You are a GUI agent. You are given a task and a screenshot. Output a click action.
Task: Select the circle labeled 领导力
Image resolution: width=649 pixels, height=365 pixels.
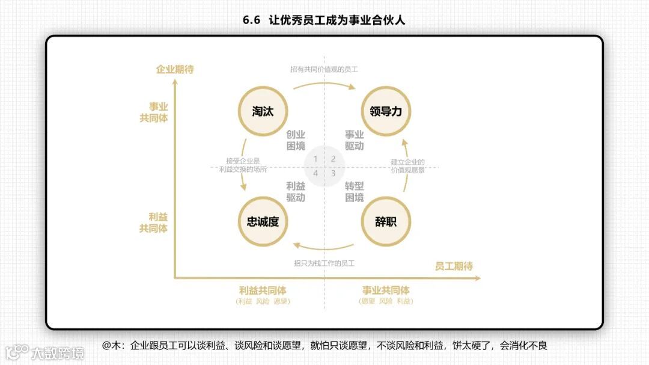point(385,111)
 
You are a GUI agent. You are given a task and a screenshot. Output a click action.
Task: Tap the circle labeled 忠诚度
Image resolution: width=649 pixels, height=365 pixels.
point(263,221)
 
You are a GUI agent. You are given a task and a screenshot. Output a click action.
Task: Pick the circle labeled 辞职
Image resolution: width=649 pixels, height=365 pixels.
point(385,221)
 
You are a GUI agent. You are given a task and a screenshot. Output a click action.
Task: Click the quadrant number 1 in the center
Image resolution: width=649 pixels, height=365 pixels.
point(315,159)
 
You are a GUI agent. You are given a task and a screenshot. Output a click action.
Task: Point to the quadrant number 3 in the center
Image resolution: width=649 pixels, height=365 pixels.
point(333,173)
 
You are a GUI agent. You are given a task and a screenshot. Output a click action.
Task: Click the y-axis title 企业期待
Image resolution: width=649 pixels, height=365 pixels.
point(175,70)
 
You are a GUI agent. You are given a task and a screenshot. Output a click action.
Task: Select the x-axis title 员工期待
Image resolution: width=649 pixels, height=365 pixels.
point(454,266)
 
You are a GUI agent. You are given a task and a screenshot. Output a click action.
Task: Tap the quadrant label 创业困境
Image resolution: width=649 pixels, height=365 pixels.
point(295,140)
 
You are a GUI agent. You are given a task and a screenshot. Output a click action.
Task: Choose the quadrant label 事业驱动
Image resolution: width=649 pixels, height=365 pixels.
point(354,140)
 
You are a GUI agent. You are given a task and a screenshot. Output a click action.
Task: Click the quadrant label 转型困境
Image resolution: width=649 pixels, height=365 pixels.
point(354,192)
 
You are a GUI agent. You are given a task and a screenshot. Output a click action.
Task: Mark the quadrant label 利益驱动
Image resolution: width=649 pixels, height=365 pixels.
point(295,192)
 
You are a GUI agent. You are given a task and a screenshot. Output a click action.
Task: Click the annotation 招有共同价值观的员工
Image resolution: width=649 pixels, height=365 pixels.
point(324,69)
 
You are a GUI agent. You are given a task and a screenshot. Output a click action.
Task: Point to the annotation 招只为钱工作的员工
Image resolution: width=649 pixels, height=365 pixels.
point(324,263)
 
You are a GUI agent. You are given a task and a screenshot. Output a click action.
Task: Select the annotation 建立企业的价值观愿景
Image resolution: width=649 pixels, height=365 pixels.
point(407,166)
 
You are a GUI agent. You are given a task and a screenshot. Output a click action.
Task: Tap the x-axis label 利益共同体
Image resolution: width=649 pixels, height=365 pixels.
point(263,290)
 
